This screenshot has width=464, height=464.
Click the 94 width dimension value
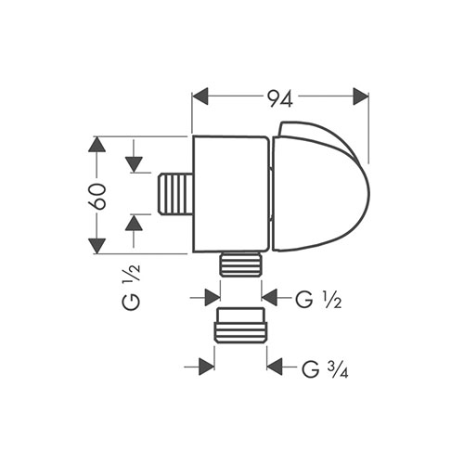coord(280,98)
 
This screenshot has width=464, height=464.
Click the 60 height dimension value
coord(97,197)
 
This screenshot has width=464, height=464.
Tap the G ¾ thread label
coord(325,368)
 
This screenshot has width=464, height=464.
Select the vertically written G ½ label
coord(132,287)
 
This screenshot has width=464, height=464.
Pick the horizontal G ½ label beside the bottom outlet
coord(318,299)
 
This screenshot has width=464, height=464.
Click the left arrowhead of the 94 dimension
coord(200,97)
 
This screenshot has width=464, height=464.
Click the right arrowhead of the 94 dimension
coord(361,97)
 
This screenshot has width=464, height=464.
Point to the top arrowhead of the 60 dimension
coord(97,144)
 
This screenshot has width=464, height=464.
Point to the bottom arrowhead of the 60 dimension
coord(97,246)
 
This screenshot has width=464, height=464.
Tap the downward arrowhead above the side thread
coord(134,164)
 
